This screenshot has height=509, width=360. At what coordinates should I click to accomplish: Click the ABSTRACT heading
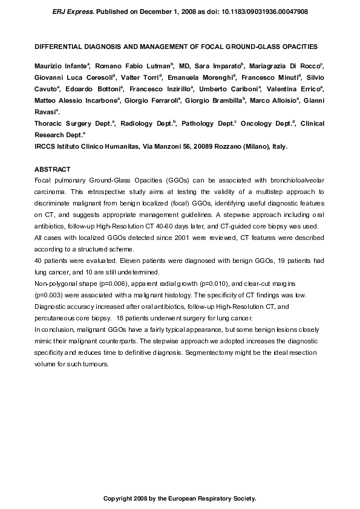click(53, 169)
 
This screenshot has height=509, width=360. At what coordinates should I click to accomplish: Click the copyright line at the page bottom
click(180, 499)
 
